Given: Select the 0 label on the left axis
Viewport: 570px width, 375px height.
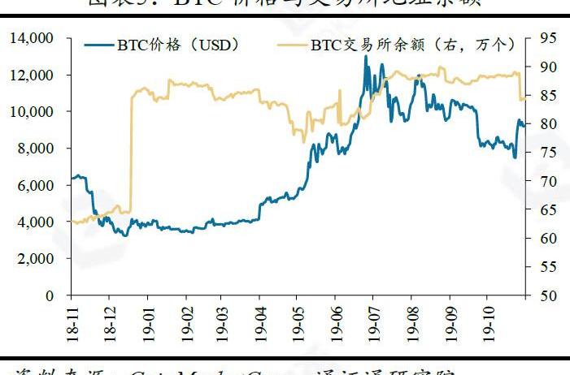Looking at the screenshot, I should [x=50, y=295].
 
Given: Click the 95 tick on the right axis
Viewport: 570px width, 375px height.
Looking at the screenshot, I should [x=546, y=37].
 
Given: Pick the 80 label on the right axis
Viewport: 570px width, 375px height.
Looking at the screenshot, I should [x=546, y=123].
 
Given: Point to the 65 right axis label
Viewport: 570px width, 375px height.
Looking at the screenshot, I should [x=546, y=209].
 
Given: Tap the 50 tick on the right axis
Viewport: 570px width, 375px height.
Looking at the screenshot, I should [x=546, y=295].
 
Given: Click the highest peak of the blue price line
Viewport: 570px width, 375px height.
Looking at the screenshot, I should [x=366, y=56].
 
